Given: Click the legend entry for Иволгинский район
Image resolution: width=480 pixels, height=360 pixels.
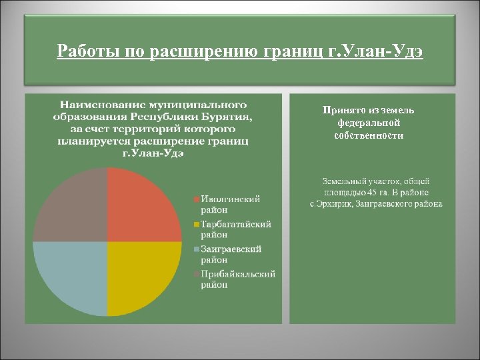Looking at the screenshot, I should pyautogui.click(x=231, y=205).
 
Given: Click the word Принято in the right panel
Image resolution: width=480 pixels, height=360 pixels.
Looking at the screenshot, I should pyautogui.click(x=342, y=110).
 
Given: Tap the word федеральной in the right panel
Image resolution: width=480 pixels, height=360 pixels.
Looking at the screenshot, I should pyautogui.click(x=369, y=123).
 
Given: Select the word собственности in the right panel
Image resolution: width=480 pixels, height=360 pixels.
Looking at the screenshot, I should pyautogui.click(x=369, y=135).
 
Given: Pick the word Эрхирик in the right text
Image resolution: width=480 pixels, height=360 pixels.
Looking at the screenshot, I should pyautogui.click(x=334, y=203).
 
